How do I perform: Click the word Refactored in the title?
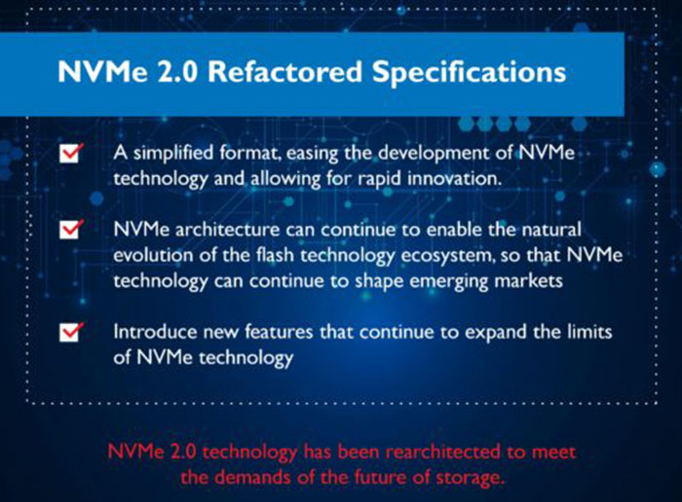pos(284,71)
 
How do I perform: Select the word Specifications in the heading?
pos(469,73)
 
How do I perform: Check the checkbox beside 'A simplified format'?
pos(71,153)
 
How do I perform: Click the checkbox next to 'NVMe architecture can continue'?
pos(71,230)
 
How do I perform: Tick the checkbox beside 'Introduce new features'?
pos(71,332)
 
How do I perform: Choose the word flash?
pos(275,255)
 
